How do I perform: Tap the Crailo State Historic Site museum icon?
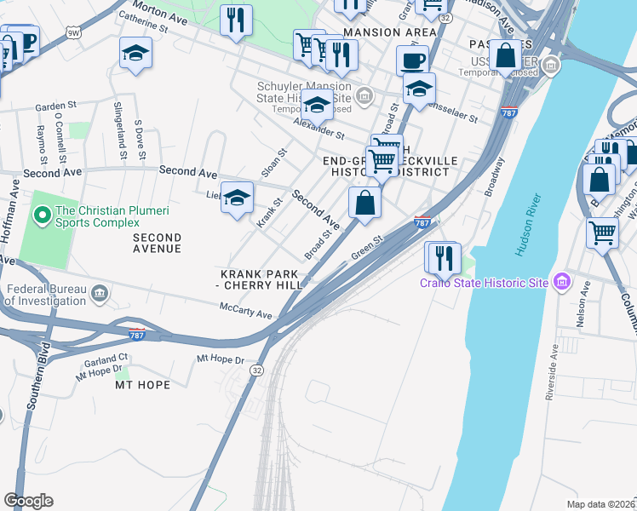[x=561, y=281]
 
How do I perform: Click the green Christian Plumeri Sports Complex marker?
[x=39, y=210]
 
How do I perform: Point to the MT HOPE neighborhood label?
[x=142, y=385]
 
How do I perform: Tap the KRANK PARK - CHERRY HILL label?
[x=261, y=279]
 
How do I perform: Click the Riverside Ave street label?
[x=554, y=372]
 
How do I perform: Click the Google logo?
[x=28, y=501]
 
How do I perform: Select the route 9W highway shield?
[x=73, y=32]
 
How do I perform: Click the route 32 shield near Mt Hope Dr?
[x=255, y=370]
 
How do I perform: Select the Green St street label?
[x=364, y=250]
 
